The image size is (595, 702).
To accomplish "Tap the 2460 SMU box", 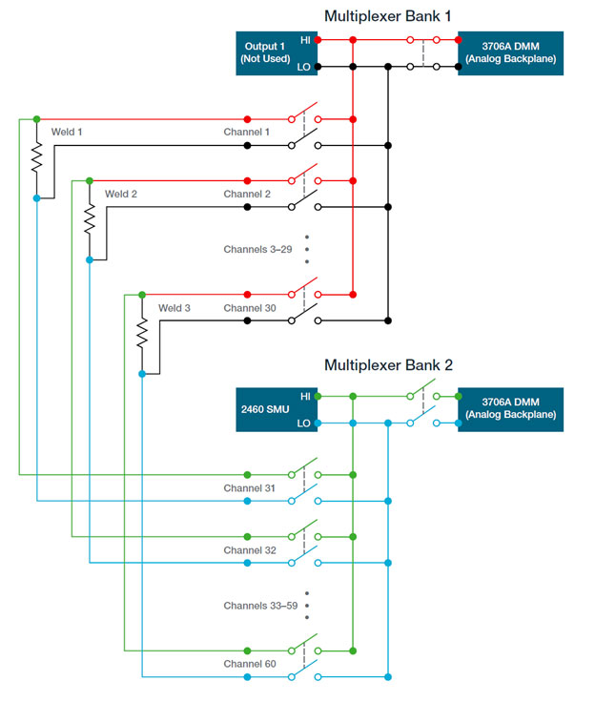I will [267, 409].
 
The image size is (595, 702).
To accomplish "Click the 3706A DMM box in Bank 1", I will [510, 53].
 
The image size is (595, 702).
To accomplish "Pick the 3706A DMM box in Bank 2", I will [510, 409].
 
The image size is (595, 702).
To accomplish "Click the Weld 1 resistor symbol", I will [36, 158].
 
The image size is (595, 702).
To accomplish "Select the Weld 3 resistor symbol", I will [142, 334].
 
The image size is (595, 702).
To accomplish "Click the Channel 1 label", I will [247, 132].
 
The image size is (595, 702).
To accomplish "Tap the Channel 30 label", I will [250, 308].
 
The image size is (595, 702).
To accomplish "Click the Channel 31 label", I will [250, 487].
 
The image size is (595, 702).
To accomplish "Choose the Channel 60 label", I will [250, 663].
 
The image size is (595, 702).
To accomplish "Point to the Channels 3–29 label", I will [257, 249].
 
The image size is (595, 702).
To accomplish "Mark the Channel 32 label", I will [250, 550].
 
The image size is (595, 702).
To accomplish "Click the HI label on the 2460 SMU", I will [305, 396].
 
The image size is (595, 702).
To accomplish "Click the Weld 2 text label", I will [121, 194].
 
